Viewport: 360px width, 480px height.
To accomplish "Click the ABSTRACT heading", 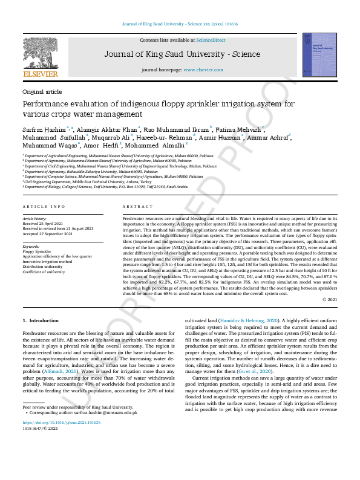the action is (135, 207).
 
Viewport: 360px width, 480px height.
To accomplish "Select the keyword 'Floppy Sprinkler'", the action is (36, 251).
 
